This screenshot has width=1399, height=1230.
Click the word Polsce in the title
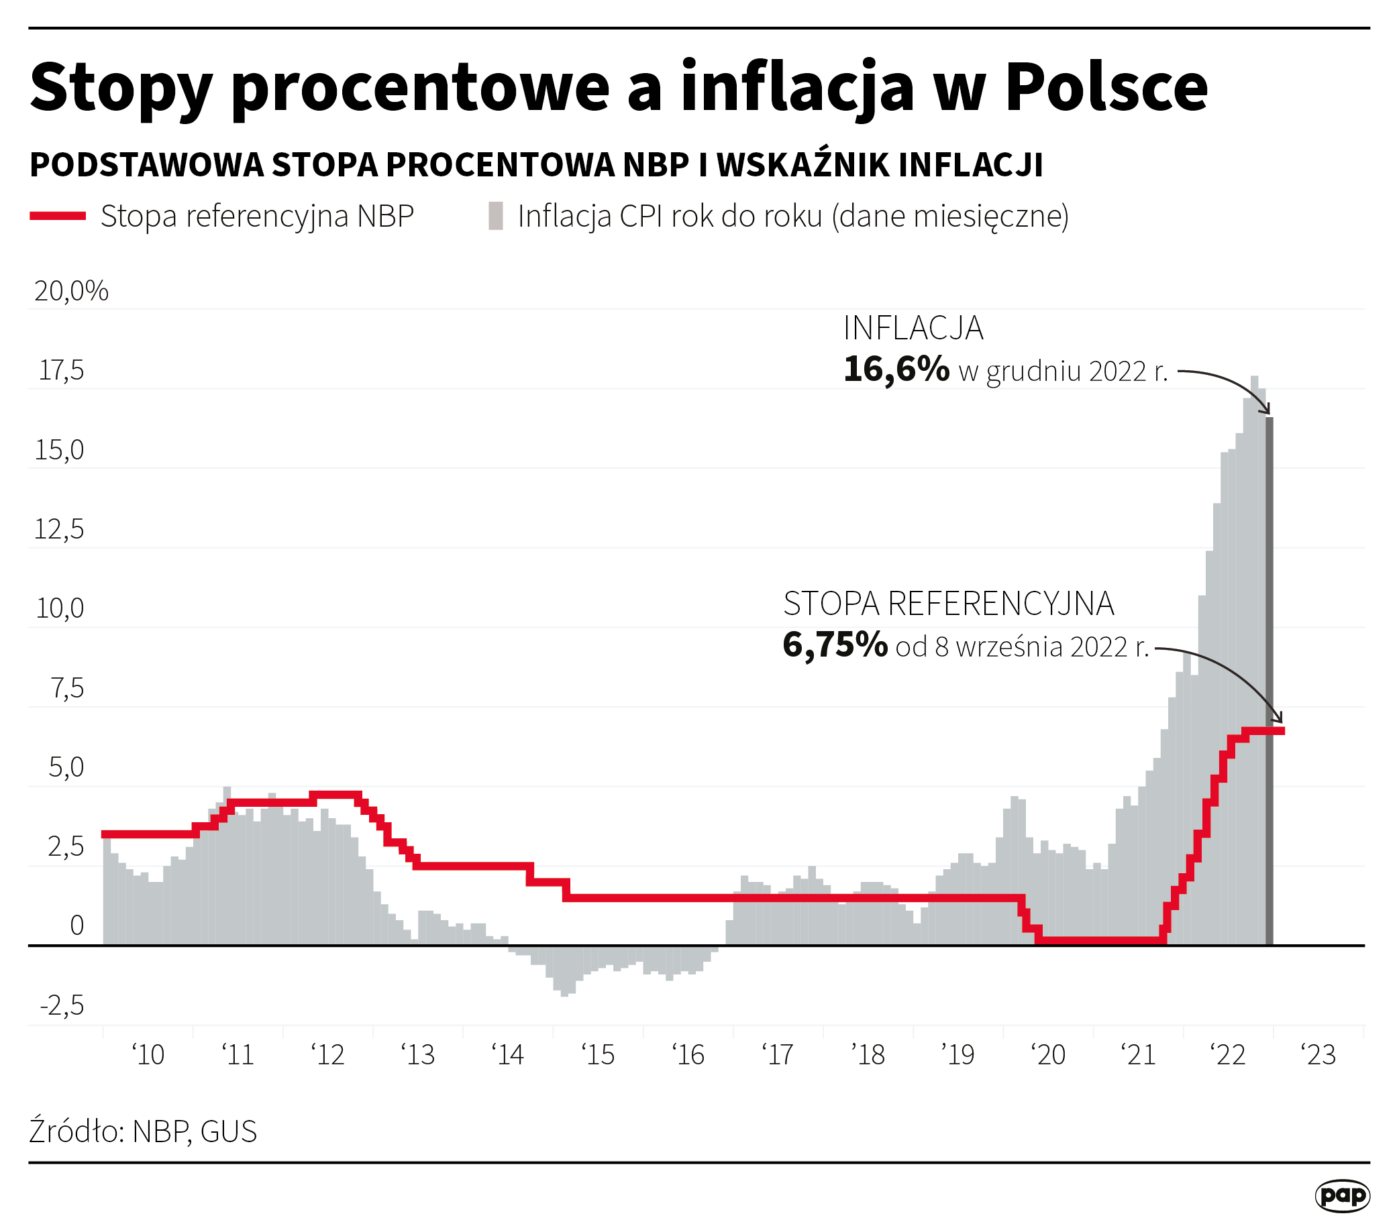[1106, 87]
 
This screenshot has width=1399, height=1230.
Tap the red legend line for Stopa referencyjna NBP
[58, 216]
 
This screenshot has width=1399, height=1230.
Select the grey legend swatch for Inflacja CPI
[496, 216]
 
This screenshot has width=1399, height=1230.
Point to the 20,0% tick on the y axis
[71, 292]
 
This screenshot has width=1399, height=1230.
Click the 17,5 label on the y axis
[61, 371]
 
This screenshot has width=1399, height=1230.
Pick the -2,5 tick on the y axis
[62, 1006]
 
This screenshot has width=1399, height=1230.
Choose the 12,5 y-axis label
[59, 529]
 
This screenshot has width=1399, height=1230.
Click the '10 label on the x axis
[148, 1055]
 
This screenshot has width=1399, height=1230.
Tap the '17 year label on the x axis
[778, 1055]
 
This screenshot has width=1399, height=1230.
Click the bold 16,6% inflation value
[896, 370]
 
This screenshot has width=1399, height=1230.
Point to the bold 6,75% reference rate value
[834, 645]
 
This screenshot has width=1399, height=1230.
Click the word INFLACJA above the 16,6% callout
[913, 329]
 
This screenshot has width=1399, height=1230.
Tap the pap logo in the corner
[1341, 1196]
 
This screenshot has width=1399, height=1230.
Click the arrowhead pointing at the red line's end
[1277, 718]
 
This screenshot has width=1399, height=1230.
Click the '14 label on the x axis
[508, 1055]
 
